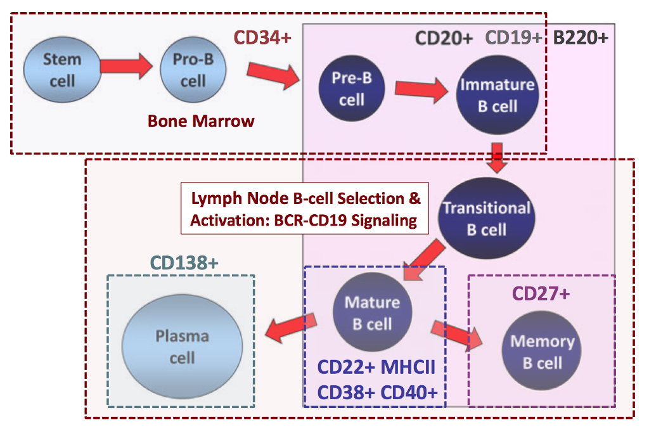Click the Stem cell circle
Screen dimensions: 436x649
click(x=61, y=70)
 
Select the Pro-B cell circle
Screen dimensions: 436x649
click(x=193, y=70)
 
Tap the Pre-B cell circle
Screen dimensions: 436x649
click(x=351, y=88)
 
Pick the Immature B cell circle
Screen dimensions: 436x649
click(x=497, y=95)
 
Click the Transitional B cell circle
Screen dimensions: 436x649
click(x=486, y=218)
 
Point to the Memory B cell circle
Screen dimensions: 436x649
click(x=541, y=352)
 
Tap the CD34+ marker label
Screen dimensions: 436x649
click(x=262, y=38)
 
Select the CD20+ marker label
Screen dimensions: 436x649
click(x=444, y=39)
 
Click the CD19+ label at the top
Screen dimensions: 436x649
click(x=514, y=39)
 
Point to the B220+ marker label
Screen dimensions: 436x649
click(x=581, y=39)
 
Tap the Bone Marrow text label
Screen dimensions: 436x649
click(x=201, y=120)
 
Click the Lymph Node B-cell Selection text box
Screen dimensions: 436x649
click(x=305, y=209)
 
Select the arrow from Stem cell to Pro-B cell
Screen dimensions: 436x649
click(x=126, y=65)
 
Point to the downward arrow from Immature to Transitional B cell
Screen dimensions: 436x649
click(x=498, y=158)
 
